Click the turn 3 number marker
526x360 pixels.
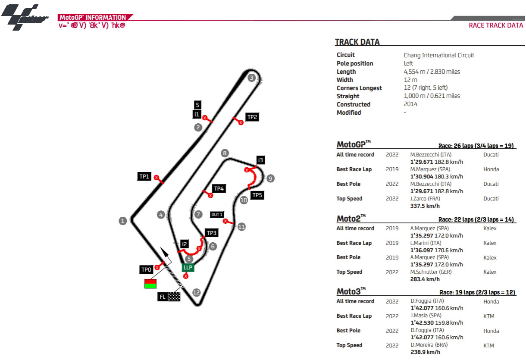tap(252, 78)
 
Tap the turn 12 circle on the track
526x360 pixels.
tap(197, 293)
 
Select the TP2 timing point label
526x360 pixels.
tap(252, 117)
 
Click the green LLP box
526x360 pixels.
tap(188, 267)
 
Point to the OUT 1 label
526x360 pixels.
tap(217, 215)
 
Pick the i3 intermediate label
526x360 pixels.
tap(260, 160)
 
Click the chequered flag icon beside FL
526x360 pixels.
tap(174, 297)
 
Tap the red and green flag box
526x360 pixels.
tap(150, 283)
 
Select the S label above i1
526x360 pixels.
tap(197, 105)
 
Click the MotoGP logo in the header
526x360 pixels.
tap(25, 18)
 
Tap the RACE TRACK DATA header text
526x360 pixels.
tap(496, 25)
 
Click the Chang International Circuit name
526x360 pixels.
tap(438, 55)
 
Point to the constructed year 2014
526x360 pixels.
tap(410, 104)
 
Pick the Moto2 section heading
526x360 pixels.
tap(351, 217)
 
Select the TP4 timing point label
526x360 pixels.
tap(219, 188)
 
